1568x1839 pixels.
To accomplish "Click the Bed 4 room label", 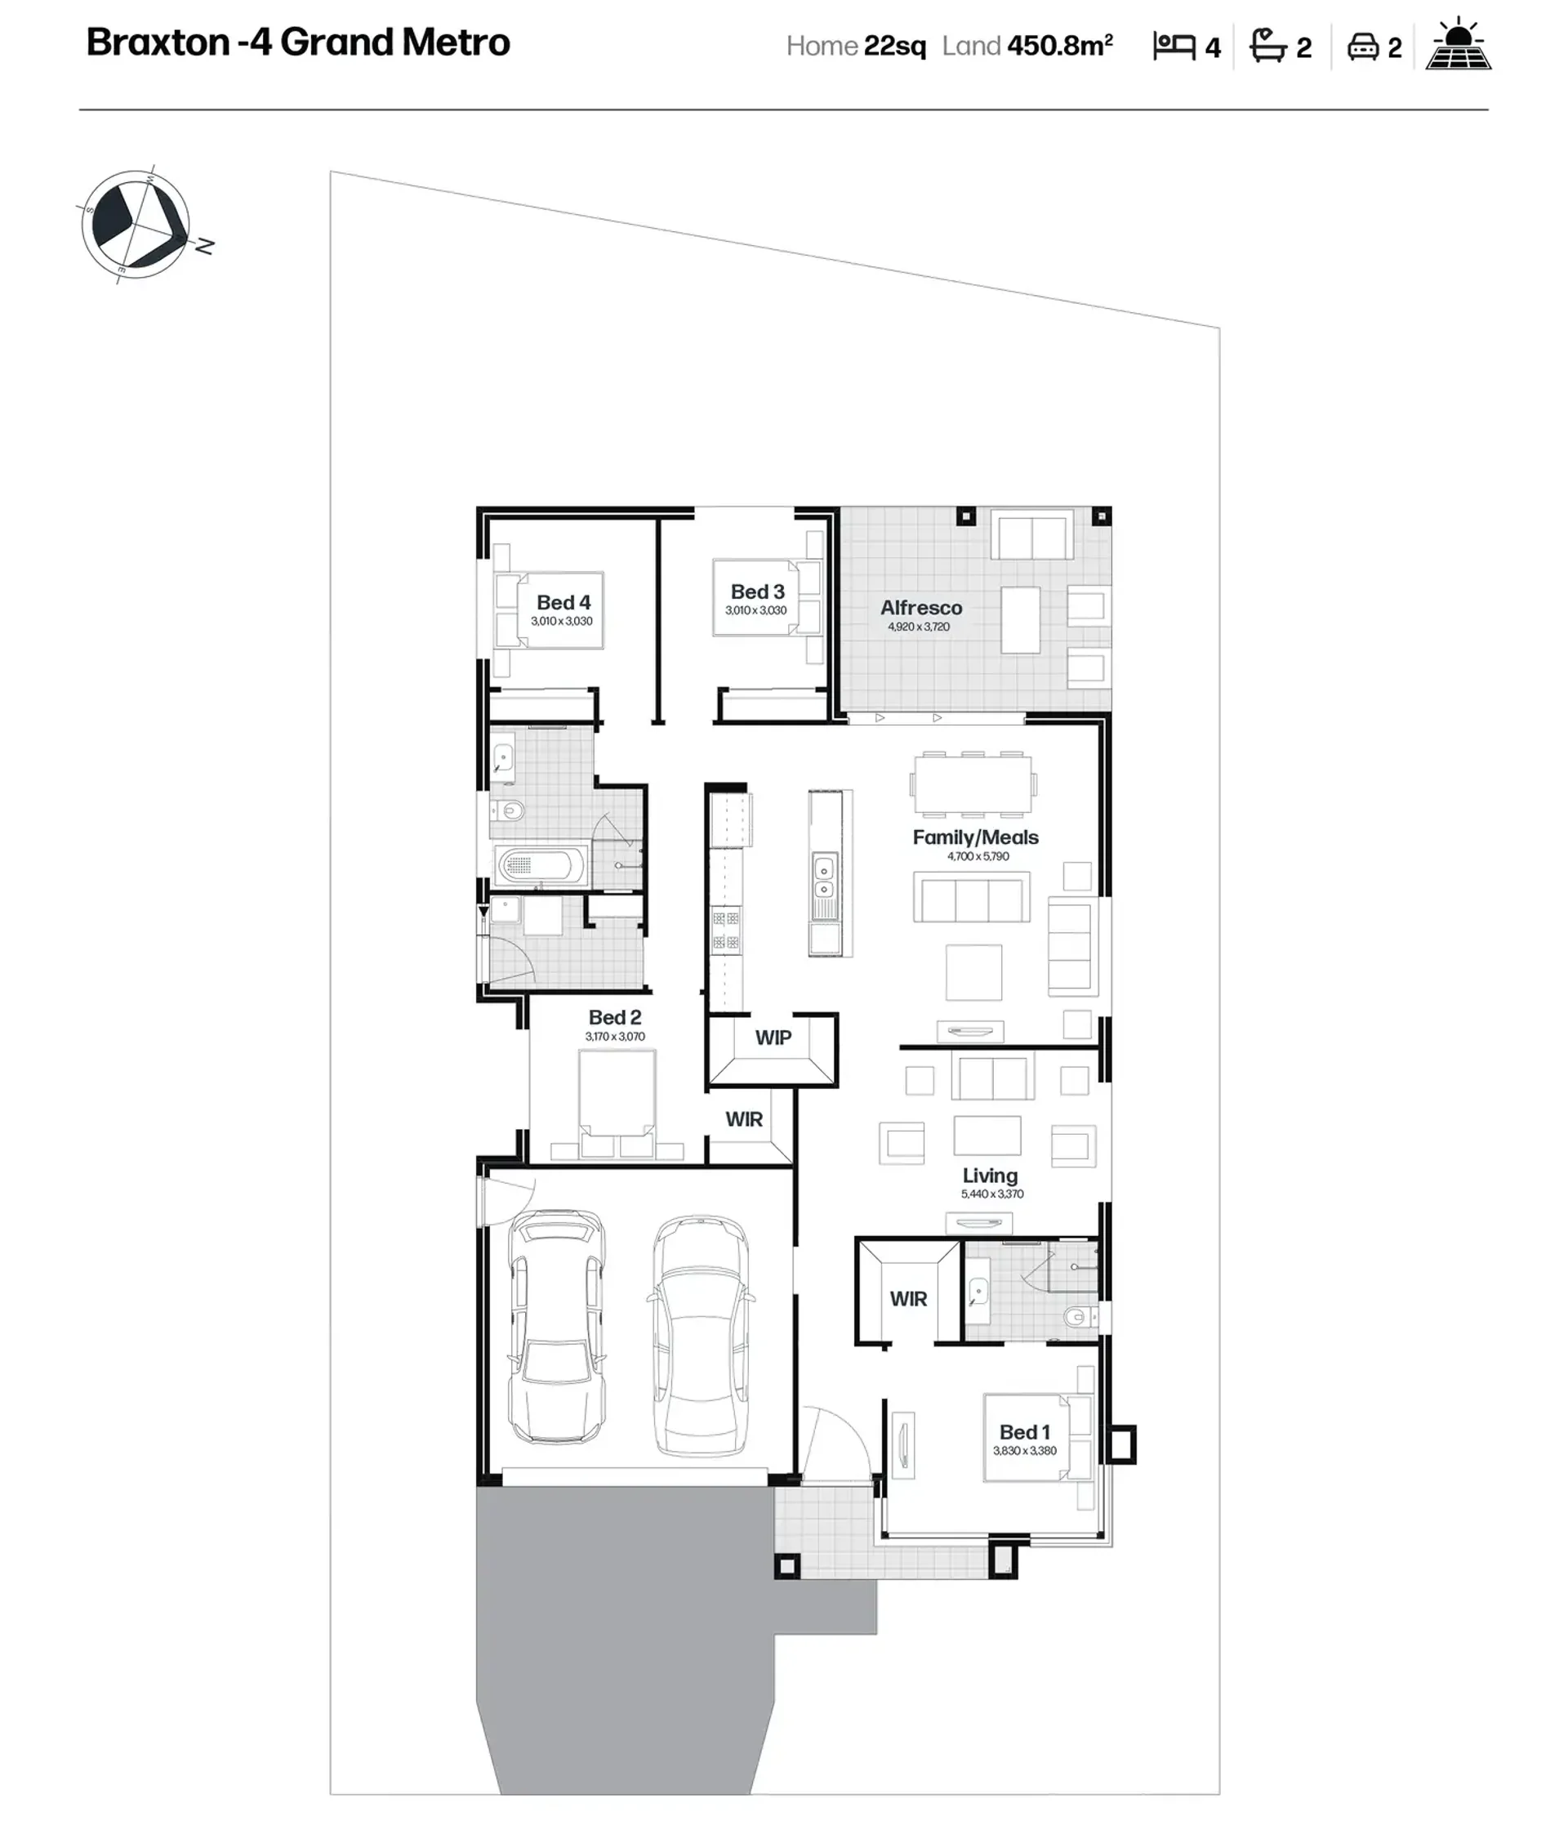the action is (x=563, y=603).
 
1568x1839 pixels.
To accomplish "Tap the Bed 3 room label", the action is (x=757, y=592).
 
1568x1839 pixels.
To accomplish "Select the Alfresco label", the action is (x=921, y=608).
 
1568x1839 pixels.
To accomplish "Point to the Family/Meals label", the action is (x=975, y=837).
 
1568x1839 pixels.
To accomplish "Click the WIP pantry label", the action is (x=773, y=1038).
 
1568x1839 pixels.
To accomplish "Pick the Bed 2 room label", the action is (x=614, y=1017).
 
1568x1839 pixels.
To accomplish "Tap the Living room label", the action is (x=991, y=1176).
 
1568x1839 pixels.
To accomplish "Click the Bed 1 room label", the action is (x=1024, y=1432).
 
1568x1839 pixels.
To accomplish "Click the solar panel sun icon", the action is (x=1458, y=43).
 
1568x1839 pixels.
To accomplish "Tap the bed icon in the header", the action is (x=1174, y=46).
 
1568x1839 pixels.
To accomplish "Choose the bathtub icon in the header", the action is (x=1268, y=45).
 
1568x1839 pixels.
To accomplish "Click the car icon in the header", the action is (x=1362, y=47).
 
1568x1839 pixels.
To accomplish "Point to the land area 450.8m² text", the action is (x=1059, y=45).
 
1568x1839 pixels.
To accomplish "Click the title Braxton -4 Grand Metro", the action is (x=298, y=42).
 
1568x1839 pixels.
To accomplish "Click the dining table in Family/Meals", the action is (x=973, y=783).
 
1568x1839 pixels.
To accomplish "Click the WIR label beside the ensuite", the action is (x=908, y=1299).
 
